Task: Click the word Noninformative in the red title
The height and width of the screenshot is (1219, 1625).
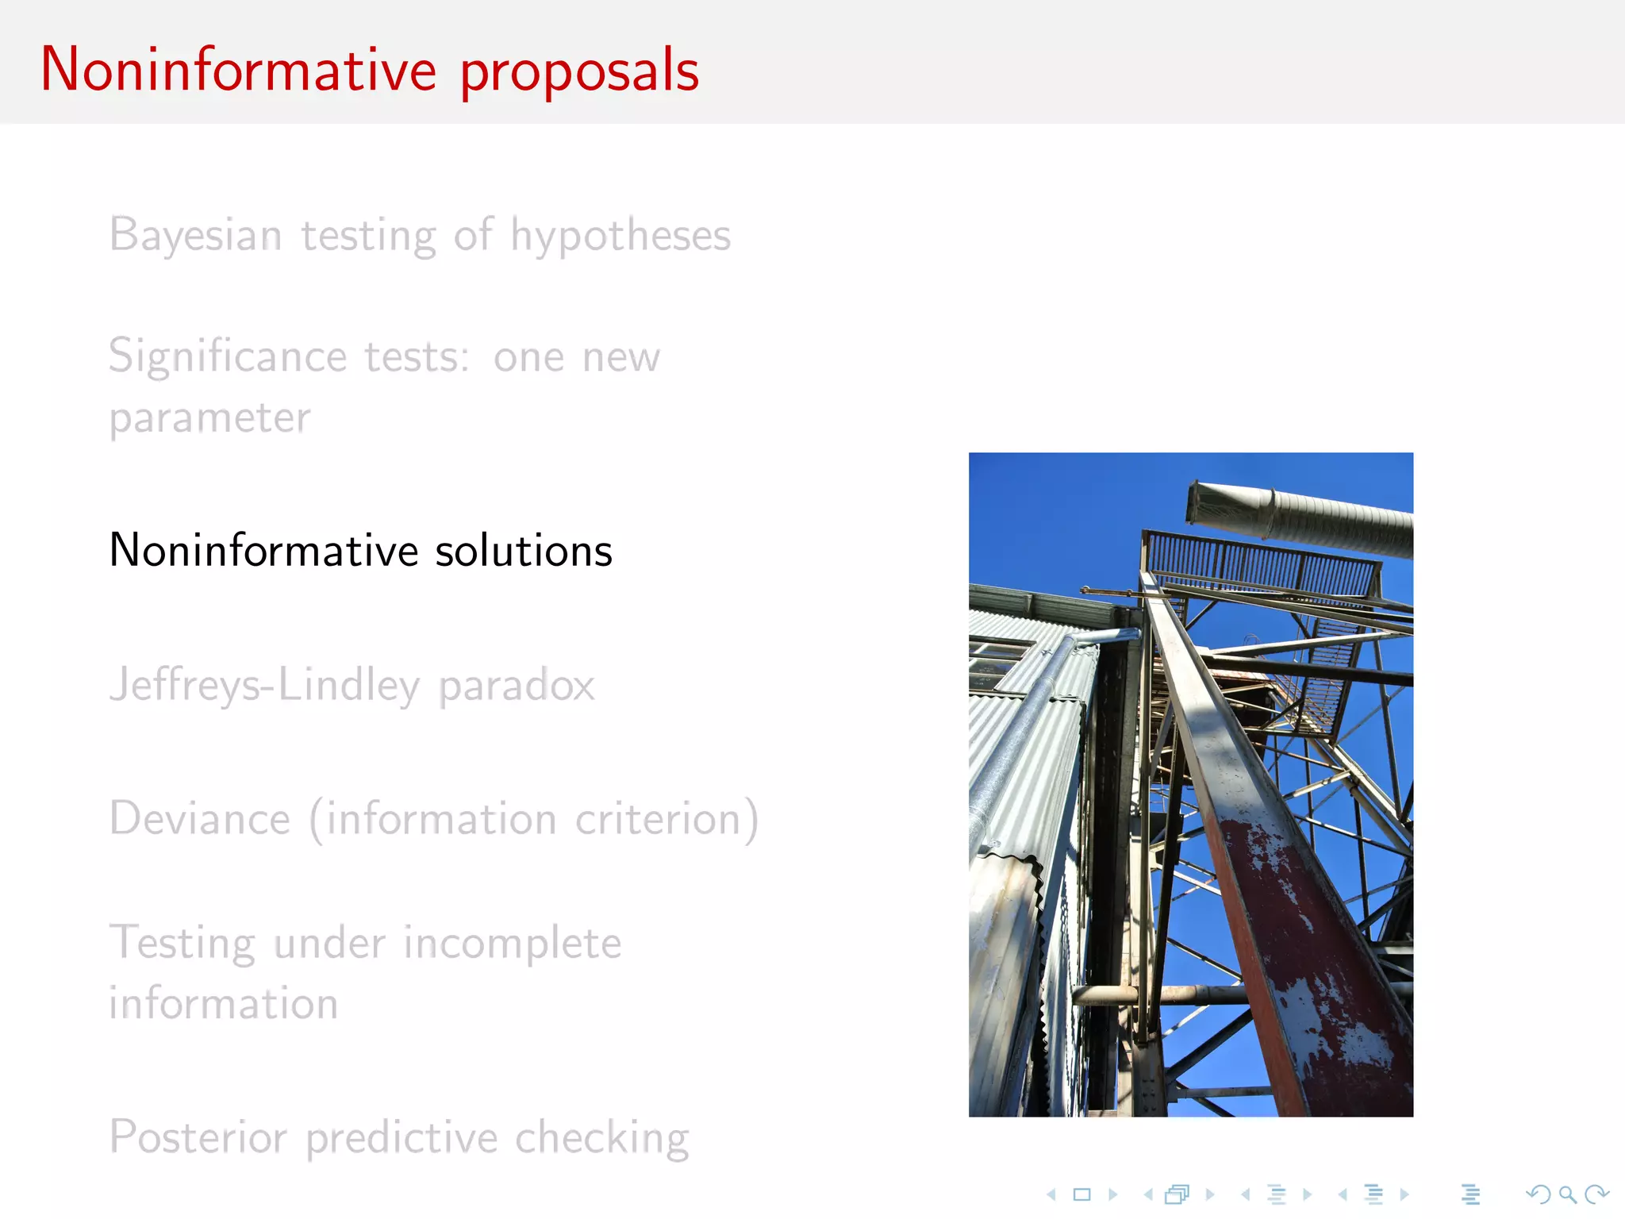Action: pyautogui.click(x=238, y=70)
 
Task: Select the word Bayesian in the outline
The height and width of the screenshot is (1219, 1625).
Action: pyautogui.click(x=196, y=236)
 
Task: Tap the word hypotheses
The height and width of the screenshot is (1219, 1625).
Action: pyautogui.click(x=620, y=236)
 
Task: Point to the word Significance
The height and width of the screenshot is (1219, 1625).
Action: pyautogui.click(x=228, y=356)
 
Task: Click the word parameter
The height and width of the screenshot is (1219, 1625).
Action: pyautogui.click(x=209, y=418)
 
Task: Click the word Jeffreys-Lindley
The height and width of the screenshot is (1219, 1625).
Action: pyautogui.click(x=264, y=685)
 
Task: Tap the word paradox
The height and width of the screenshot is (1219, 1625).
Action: pyautogui.click(x=517, y=685)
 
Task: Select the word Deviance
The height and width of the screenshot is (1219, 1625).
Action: pyautogui.click(x=200, y=819)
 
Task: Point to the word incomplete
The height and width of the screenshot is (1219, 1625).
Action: pyautogui.click(x=513, y=944)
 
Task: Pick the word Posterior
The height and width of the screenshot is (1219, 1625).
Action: pyautogui.click(x=198, y=1137)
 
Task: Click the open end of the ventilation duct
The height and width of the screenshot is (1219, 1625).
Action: pyautogui.click(x=1206, y=503)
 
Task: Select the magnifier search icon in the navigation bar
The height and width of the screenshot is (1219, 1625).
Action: pyautogui.click(x=1567, y=1194)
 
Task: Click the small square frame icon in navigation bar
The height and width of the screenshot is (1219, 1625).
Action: pyautogui.click(x=1082, y=1194)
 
